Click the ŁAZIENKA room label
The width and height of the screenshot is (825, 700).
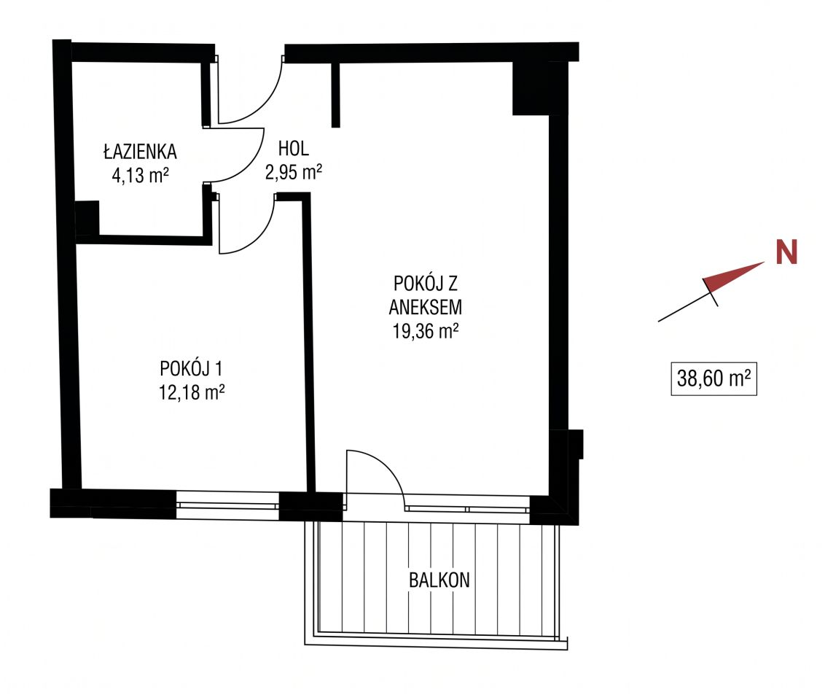point(140,152)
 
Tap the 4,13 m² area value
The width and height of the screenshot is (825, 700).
point(140,175)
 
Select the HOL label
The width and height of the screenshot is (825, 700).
point(294,149)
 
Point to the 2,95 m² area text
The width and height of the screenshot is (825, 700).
point(294,171)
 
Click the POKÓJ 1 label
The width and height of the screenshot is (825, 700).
point(191,368)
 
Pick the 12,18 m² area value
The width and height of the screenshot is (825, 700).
point(192,392)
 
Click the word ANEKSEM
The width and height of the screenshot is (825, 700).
point(426,308)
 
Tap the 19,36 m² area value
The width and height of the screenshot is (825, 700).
point(426,331)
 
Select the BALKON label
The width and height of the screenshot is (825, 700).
point(439,580)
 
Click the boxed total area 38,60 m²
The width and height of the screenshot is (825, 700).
point(714,378)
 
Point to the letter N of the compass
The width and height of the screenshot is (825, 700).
point(786,252)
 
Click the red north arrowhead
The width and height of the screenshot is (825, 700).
point(733,277)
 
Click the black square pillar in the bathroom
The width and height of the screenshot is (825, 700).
point(87,218)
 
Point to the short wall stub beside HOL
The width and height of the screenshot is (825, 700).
point(336,95)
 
